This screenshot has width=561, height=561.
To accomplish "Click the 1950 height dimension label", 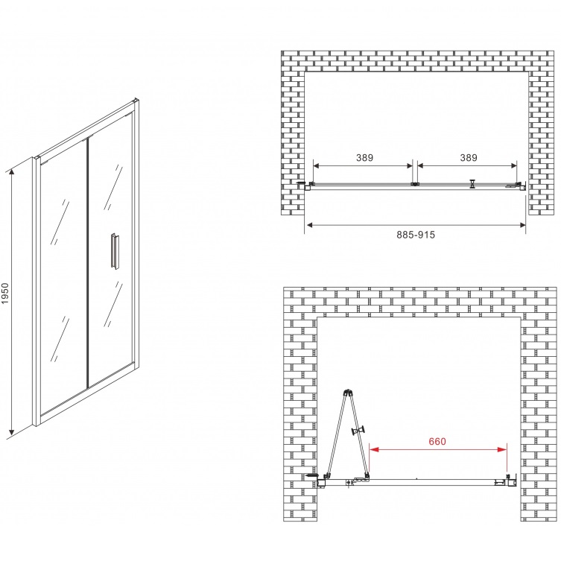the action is click(5, 294).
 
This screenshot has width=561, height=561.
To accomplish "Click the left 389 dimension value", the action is click(364, 157).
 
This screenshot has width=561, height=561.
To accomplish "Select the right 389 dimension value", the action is click(469, 157).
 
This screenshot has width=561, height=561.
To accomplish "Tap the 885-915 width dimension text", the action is click(416, 235).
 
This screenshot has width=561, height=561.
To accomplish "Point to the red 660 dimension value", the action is click(437, 441).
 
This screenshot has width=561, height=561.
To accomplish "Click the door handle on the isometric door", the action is click(115, 251).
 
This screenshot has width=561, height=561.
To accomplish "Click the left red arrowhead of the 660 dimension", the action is click(374, 449).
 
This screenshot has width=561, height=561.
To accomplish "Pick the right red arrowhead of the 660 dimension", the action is click(502, 449).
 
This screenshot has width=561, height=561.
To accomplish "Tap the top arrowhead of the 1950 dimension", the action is click(12, 173).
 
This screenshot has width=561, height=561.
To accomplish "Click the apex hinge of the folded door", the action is click(348, 392).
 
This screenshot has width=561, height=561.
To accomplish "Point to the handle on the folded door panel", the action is click(358, 430).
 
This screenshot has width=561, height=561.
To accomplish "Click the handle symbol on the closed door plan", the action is click(473, 183).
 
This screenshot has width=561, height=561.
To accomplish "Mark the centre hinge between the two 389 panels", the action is click(415, 184).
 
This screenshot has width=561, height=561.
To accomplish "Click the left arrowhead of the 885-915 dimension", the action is click(310, 225).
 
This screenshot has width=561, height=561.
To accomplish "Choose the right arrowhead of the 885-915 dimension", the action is click(522, 225).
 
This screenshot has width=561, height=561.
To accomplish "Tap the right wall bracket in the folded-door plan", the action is click(512, 480).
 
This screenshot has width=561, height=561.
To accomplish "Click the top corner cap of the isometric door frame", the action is click(136, 101).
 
